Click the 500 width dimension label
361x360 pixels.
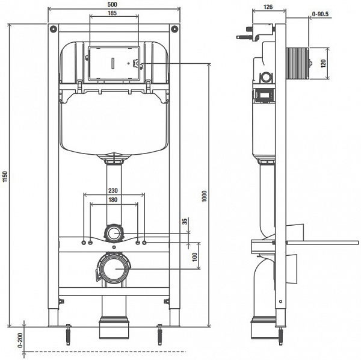[x=113, y=4]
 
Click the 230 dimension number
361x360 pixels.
[x=113, y=190]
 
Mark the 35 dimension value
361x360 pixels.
[x=186, y=222]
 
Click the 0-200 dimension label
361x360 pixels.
[x=19, y=340]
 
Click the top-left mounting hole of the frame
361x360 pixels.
[x=54, y=29]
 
